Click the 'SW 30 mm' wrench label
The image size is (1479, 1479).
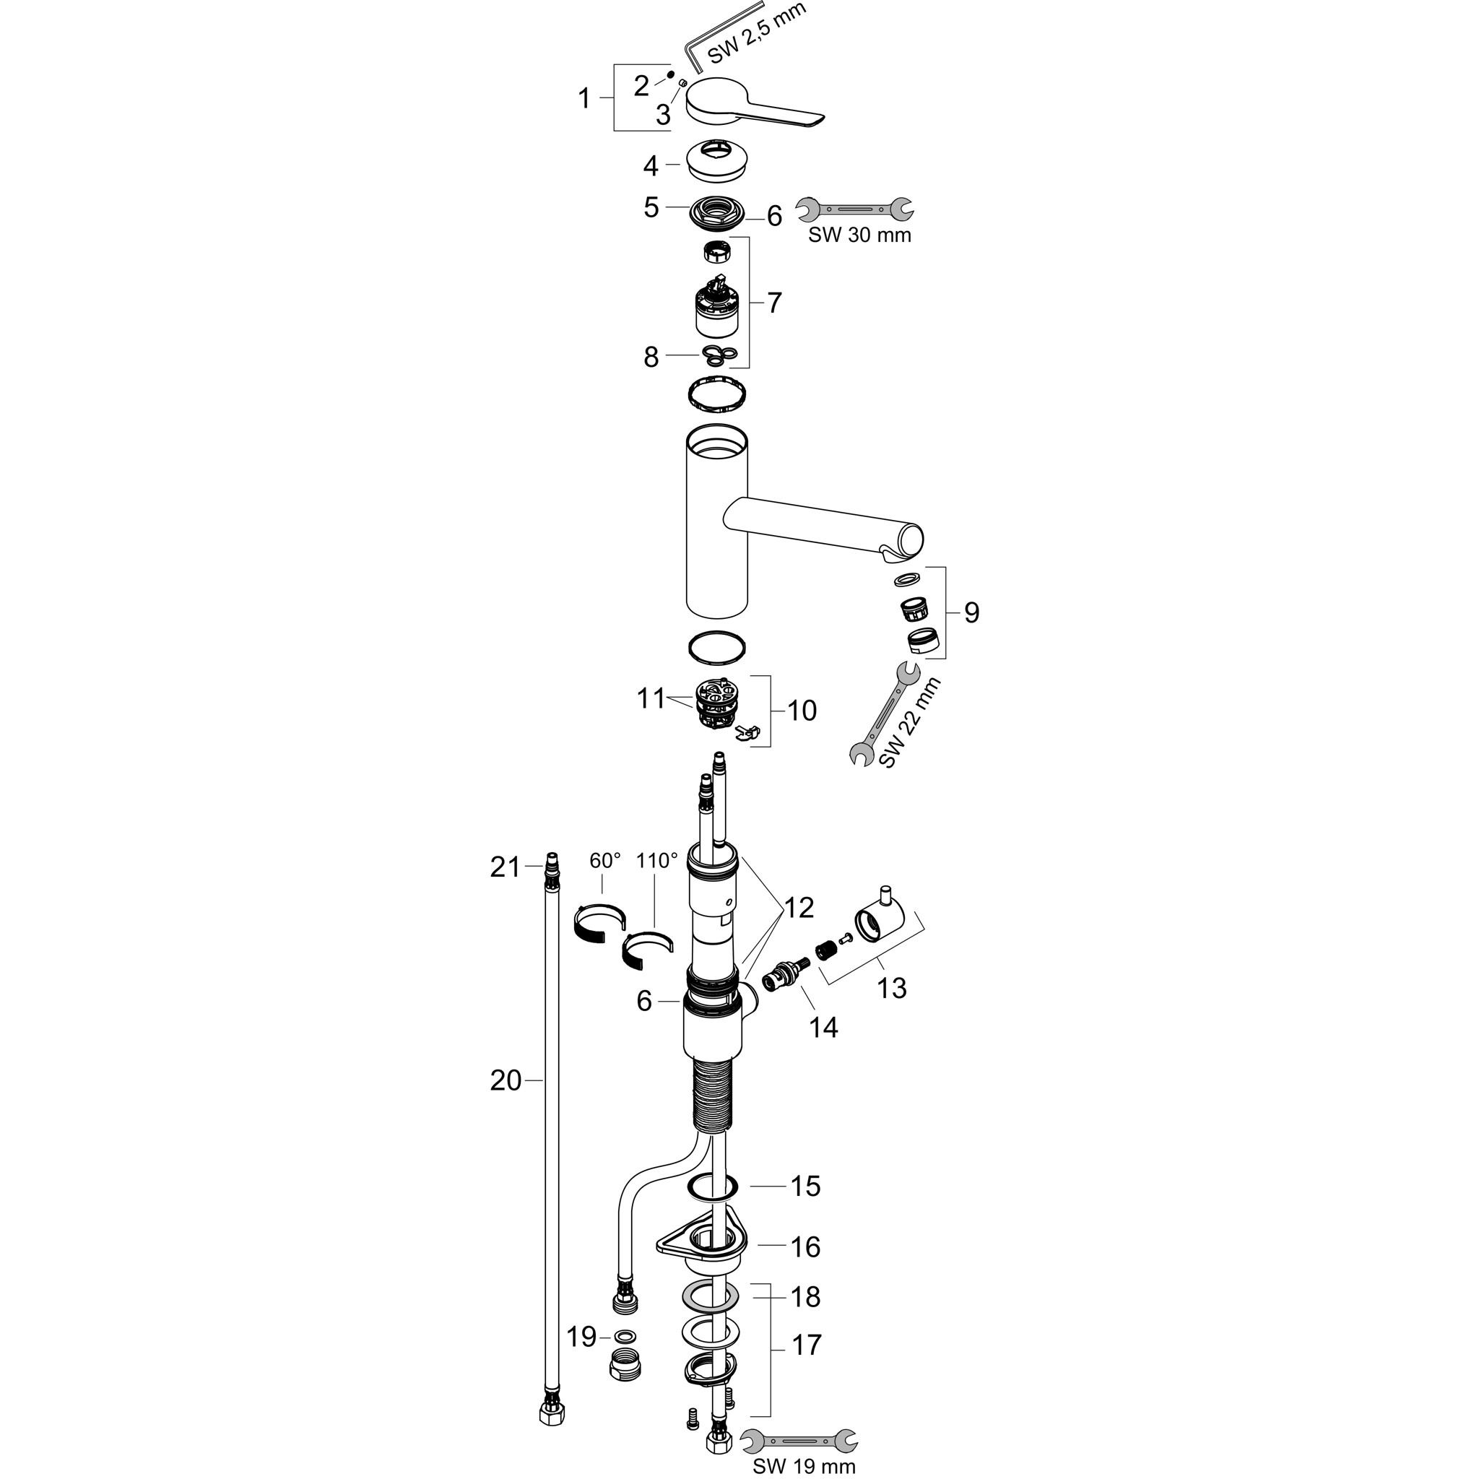(x=859, y=235)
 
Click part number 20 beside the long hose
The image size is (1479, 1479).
(x=506, y=1080)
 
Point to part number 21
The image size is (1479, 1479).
(x=505, y=867)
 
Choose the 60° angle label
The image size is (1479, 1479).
(x=604, y=860)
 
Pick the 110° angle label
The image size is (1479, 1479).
(x=657, y=860)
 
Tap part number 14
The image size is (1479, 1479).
(x=824, y=1028)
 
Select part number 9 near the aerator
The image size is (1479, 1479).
(x=971, y=612)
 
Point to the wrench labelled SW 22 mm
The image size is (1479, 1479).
(x=882, y=713)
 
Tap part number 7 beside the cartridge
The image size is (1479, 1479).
(x=774, y=303)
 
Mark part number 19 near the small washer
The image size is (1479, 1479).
(x=581, y=1337)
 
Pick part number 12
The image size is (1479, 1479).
(x=798, y=908)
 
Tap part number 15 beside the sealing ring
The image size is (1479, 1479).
(x=804, y=1186)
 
